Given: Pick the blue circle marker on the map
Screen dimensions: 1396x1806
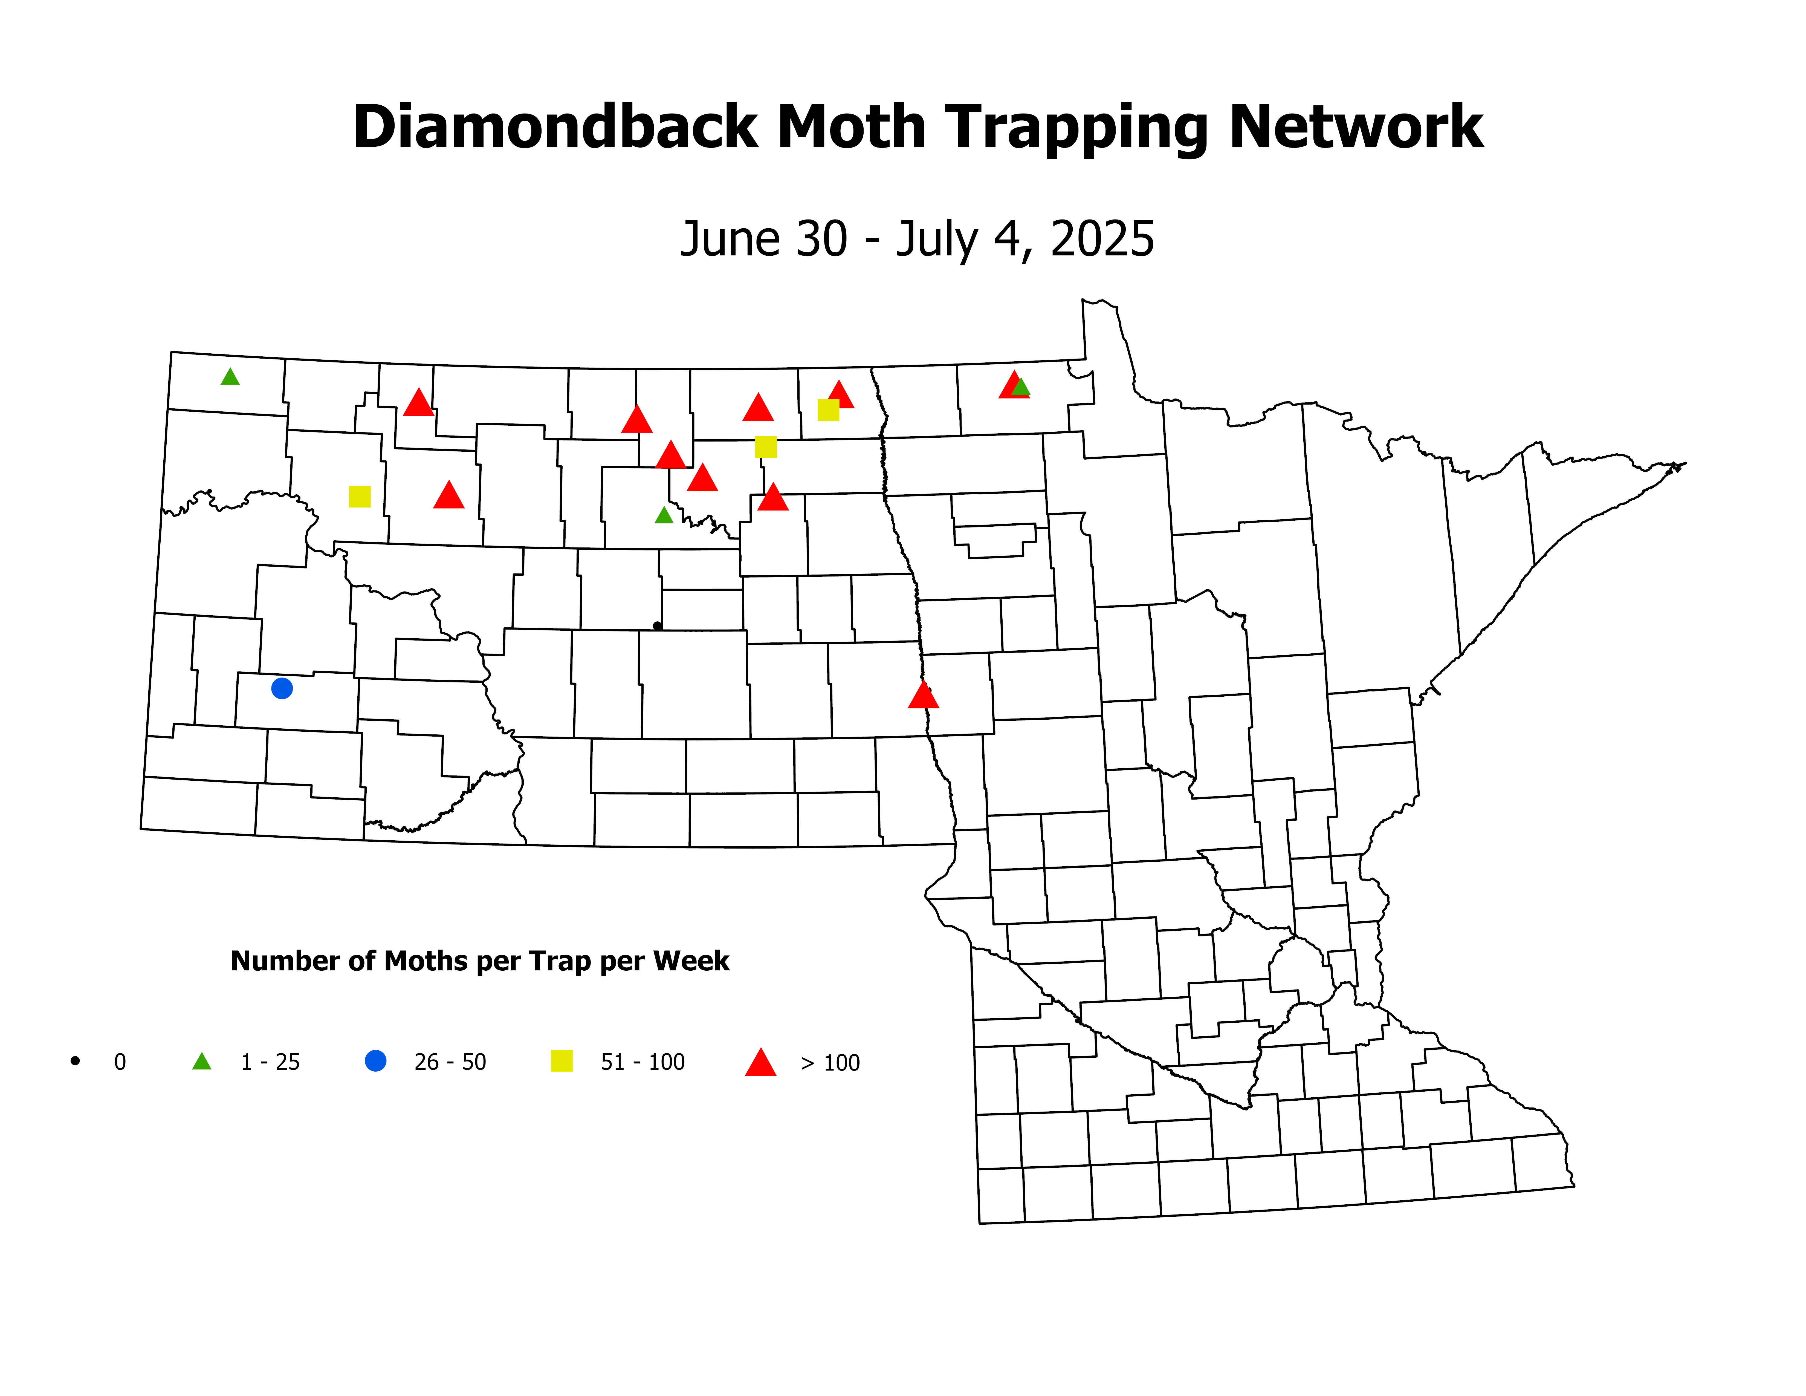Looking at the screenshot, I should pyautogui.click(x=282, y=688).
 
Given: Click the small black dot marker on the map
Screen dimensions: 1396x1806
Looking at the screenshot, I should pyautogui.click(x=657, y=626).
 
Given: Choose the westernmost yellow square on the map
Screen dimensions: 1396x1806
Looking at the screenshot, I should pyautogui.click(x=360, y=496).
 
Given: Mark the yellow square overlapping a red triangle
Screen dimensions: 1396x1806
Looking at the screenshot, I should pyautogui.click(x=828, y=409).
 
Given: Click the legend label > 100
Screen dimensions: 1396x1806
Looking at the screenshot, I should pyautogui.click(x=830, y=1063).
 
